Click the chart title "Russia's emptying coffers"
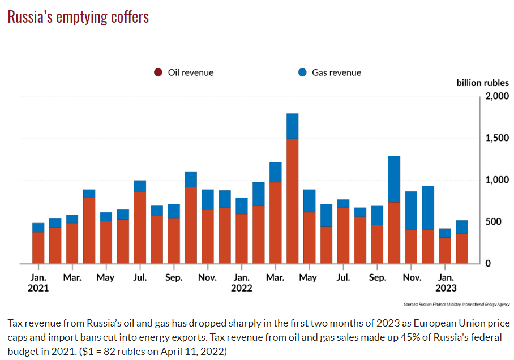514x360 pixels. tap(78, 17)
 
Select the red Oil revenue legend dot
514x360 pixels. tap(158, 72)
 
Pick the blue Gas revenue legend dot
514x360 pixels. tap(302, 72)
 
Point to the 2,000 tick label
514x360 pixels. tap(497, 96)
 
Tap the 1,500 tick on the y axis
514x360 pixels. tap(497, 138)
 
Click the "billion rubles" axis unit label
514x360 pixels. tap(482, 83)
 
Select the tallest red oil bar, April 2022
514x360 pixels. tap(292, 201)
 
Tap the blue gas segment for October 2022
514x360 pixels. tap(394, 179)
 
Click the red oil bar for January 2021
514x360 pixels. tap(38, 247)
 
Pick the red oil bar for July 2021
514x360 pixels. tap(140, 227)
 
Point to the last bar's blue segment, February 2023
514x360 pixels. tap(461, 227)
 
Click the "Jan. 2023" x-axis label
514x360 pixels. tap(446, 282)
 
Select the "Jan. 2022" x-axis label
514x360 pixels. tap(242, 282)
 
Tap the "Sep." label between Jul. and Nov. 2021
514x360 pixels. tap(174, 278)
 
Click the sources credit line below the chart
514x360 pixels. tap(456, 304)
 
